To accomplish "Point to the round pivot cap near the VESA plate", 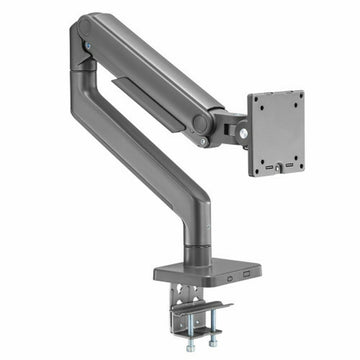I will (201, 123).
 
